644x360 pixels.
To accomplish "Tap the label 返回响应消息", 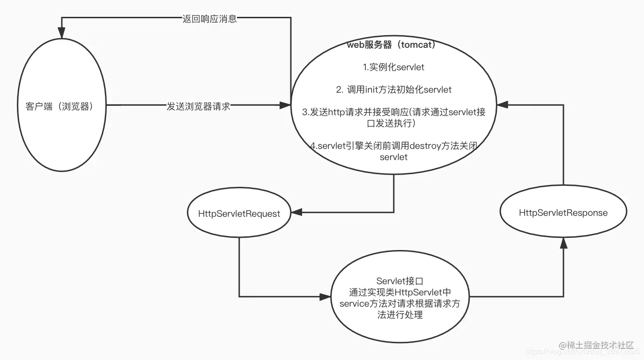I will pyautogui.click(x=209, y=19).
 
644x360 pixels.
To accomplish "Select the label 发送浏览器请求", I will pyautogui.click(x=199, y=106).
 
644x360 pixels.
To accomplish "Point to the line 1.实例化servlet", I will pyautogui.click(x=393, y=67).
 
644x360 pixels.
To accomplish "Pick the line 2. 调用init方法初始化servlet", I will pyautogui.click(x=393, y=89).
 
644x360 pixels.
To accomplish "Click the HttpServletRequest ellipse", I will pyautogui.click(x=239, y=213).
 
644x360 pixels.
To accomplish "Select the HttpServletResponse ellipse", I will pyautogui.click(x=563, y=213).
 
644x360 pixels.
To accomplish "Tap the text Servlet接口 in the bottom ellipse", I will pyautogui.click(x=400, y=281).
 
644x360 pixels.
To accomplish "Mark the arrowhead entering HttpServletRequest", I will pyautogui.click(x=296, y=213).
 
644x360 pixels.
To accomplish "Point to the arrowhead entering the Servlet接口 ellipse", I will pyautogui.click(x=326, y=296).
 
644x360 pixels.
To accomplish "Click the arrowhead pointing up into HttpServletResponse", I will pyautogui.click(x=563, y=242).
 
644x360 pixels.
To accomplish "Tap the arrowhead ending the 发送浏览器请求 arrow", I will pyautogui.click(x=285, y=106).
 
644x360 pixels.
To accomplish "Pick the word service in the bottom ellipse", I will pyautogui.click(x=355, y=303).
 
